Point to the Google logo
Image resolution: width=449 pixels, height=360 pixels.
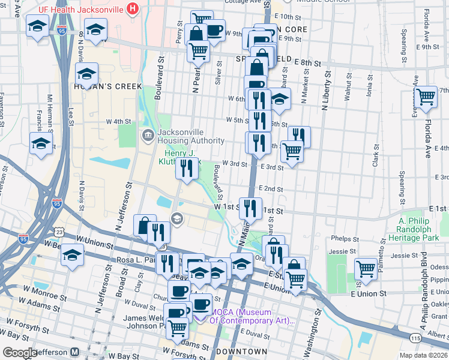(x=19, y=353)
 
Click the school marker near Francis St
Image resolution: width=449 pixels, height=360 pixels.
(x=41, y=143)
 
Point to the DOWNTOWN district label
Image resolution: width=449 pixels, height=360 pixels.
(x=241, y=351)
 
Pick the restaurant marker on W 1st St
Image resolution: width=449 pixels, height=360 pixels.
(x=250, y=208)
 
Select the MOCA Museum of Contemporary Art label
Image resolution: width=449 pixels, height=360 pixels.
(x=252, y=316)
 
